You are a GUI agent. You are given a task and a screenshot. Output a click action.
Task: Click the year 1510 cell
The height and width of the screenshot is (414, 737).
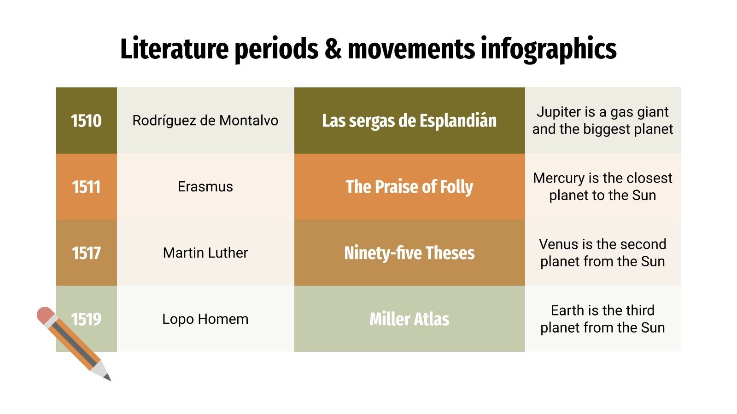tap(86, 121)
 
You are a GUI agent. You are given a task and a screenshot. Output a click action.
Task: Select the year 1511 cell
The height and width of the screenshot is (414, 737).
tap(86, 187)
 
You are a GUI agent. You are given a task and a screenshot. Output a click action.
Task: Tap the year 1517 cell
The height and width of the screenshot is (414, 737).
tap(86, 253)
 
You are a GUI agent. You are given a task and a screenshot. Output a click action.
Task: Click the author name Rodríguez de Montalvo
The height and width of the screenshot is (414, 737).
tap(205, 121)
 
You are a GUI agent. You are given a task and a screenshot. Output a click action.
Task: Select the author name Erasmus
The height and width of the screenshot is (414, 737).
tap(205, 187)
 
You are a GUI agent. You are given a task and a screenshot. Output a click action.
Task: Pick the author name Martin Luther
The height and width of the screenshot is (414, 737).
tap(205, 253)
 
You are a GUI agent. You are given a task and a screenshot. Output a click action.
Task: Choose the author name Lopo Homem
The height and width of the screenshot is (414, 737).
tap(205, 319)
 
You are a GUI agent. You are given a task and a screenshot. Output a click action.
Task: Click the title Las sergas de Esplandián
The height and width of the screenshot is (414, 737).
tap(409, 121)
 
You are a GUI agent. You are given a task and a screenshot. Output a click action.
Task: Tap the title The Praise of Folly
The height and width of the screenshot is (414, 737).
tap(409, 187)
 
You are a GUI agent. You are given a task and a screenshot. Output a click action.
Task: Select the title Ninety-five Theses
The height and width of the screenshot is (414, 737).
tap(409, 253)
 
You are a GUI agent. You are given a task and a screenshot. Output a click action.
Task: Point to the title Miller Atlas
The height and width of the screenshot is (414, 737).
tap(409, 319)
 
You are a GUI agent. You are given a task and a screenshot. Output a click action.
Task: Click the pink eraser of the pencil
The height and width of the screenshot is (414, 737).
tap(45, 315)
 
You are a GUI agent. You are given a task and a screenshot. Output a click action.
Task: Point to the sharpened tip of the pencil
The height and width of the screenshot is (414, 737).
tap(108, 378)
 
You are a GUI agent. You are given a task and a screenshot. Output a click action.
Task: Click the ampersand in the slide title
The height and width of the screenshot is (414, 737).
tap(333, 48)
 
